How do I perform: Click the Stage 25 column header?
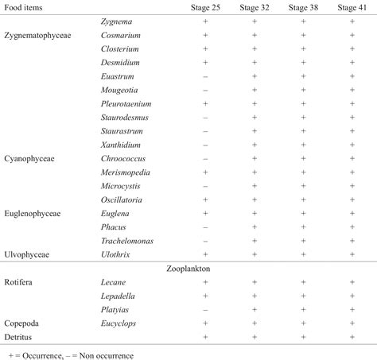click(205, 7)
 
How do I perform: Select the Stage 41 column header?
click(352, 7)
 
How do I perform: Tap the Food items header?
click(24, 7)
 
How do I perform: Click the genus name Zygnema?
click(117, 21)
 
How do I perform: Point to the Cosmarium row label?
click(121, 35)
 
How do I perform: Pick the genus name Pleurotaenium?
click(126, 104)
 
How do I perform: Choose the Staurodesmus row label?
click(125, 118)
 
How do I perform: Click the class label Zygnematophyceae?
click(39, 35)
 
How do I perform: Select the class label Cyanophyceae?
click(30, 159)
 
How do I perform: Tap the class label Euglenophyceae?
click(34, 214)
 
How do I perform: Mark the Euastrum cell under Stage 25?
click(205, 76)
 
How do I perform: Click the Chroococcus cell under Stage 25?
click(205, 159)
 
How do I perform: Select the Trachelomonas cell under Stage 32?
click(254, 241)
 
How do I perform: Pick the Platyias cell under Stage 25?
click(205, 310)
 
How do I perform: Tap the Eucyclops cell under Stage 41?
click(352, 323)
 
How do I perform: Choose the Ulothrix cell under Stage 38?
click(303, 254)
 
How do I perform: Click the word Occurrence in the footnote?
click(41, 354)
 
